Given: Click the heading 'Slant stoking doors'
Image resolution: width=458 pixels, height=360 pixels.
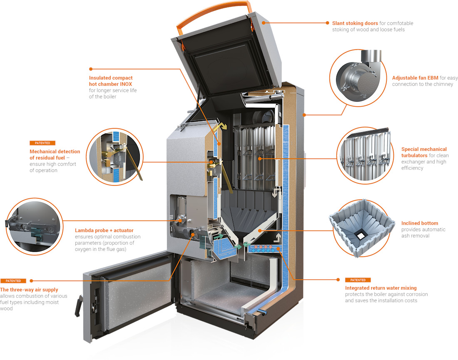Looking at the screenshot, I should click(355, 23).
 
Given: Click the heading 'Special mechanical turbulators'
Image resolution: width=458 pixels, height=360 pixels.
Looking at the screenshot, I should click(424, 152).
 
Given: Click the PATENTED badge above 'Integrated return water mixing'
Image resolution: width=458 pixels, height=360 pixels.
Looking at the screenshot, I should click(358, 280).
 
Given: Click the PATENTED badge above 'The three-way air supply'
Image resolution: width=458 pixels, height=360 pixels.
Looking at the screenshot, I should click(13, 281).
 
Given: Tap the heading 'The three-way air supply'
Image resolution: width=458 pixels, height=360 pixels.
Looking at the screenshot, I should click(29, 289).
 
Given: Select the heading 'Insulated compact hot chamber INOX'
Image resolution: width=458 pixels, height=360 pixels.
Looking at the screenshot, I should click(111, 81).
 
